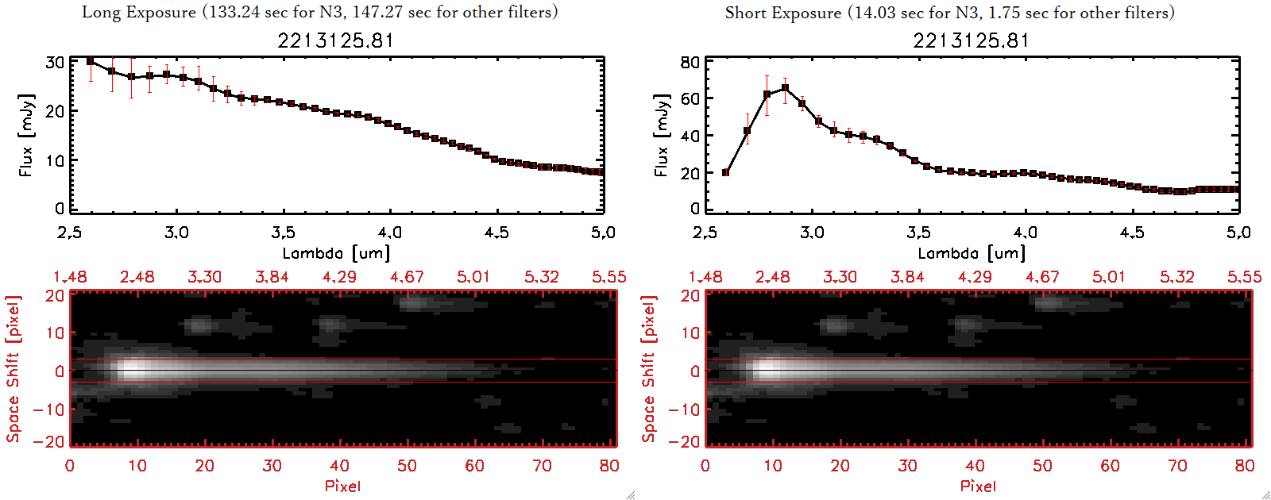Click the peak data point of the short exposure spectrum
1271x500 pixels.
coord(786,88)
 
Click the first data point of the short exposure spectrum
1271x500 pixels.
coord(725,172)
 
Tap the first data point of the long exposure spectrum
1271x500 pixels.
coord(90,61)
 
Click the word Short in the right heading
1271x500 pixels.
coord(745,13)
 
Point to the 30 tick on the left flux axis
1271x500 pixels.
coord(55,62)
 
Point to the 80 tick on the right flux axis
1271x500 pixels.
coord(690,62)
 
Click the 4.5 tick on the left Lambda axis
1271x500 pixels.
coord(496,232)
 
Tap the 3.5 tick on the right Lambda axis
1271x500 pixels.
coord(918,232)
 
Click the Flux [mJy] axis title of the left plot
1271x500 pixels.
coord(26,135)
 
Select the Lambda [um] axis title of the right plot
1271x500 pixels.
coord(972,253)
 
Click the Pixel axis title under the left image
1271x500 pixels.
coord(342,486)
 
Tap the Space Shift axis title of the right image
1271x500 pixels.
coord(649,368)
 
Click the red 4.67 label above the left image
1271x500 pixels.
coord(407,277)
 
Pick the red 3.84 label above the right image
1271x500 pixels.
coord(907,277)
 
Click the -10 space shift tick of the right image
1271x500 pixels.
coord(684,410)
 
